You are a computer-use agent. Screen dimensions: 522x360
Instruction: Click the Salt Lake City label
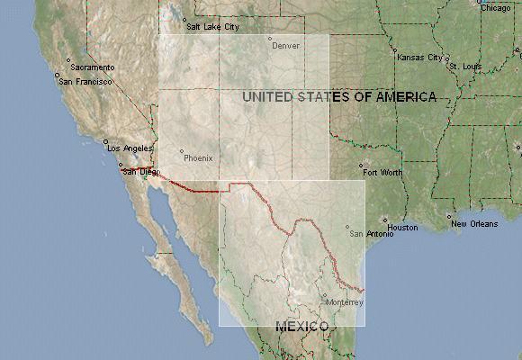pos(214,27)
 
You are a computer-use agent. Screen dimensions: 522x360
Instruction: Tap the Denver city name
pos(286,45)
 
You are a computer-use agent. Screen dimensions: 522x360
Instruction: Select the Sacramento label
pos(94,67)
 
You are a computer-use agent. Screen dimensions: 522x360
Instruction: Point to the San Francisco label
pos(85,81)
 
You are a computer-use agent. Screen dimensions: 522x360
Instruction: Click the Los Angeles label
pos(130,148)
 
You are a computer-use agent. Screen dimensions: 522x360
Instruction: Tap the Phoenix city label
pos(199,157)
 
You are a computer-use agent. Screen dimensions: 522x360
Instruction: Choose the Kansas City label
pos(420,58)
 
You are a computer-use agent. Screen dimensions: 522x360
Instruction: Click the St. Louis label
pos(466,67)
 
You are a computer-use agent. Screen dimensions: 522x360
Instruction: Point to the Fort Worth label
pos(382,171)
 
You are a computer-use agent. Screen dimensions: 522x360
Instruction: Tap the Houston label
pos(403,228)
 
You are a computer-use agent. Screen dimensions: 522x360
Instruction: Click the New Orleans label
pos(473,223)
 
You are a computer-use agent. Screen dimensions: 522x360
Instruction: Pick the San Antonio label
pos(372,234)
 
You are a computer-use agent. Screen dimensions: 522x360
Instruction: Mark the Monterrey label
pos(346,302)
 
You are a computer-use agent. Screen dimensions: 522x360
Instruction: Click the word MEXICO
pos(301,327)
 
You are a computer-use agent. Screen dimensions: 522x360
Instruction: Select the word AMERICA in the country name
pos(397,96)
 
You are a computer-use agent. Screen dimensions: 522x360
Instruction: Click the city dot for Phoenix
pos(182,151)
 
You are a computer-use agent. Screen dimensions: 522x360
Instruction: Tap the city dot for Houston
pos(384,220)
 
